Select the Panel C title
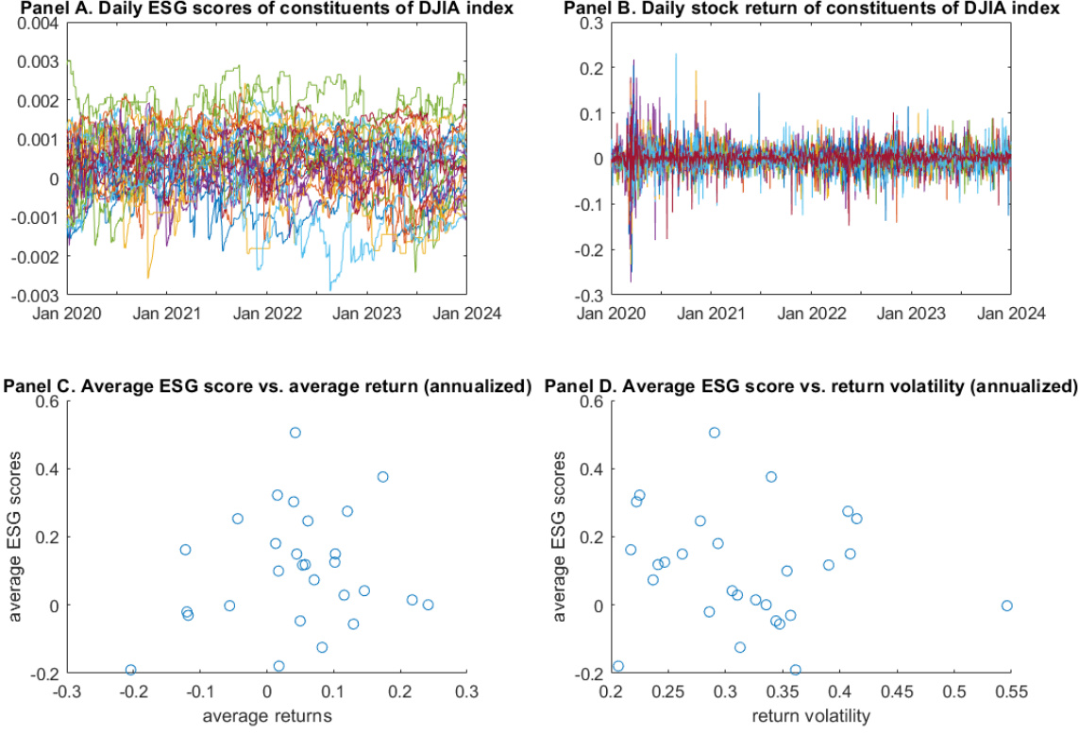click(268, 387)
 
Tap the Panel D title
click(811, 387)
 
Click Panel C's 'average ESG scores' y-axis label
click(16, 537)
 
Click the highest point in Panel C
click(295, 433)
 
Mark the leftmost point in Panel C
click(131, 670)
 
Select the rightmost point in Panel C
click(428, 605)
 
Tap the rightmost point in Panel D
click(1006, 606)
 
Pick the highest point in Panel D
click(715, 433)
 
